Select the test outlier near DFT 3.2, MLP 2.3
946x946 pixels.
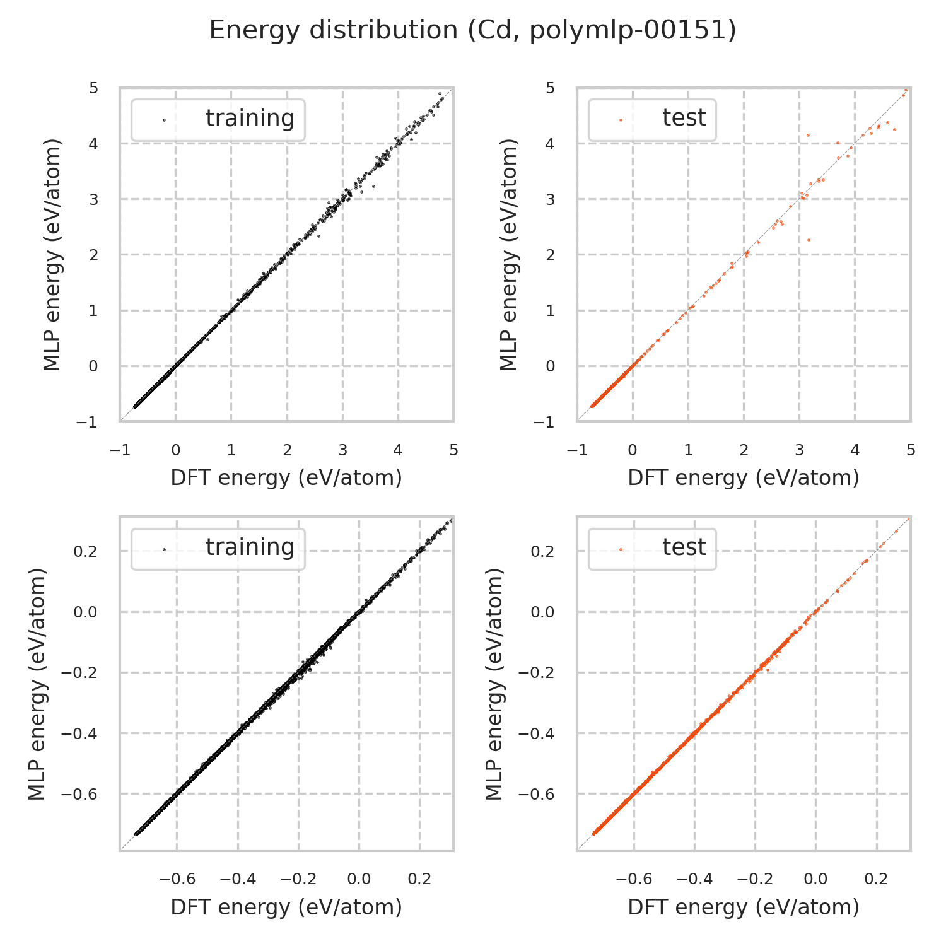pyautogui.click(x=809, y=240)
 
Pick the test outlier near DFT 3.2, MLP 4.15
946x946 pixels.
pyautogui.click(x=808, y=135)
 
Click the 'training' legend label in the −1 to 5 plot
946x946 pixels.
pyautogui.click(x=250, y=119)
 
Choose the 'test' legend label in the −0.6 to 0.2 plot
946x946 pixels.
pyautogui.click(x=684, y=547)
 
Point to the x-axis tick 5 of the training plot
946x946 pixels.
pyautogui.click(x=453, y=450)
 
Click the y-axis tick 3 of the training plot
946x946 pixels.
pyautogui.click(x=93, y=199)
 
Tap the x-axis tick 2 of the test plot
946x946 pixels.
pyautogui.click(x=744, y=450)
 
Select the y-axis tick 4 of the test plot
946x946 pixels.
pyautogui.click(x=550, y=144)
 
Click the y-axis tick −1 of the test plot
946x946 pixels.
pyautogui.click(x=544, y=421)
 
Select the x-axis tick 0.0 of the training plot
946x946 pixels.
pyautogui.click(x=359, y=879)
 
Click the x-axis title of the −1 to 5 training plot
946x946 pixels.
pyautogui.click(x=286, y=478)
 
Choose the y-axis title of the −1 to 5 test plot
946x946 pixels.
pyautogui.click(x=508, y=254)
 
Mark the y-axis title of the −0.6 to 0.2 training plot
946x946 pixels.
pyautogui.click(x=38, y=684)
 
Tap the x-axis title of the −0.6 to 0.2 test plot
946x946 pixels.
pyautogui.click(x=744, y=907)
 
